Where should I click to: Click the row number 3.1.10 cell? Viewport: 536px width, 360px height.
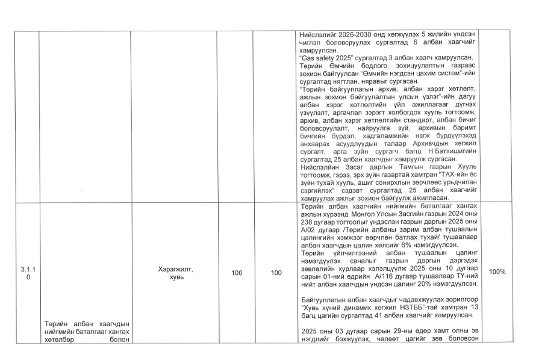tap(21, 272)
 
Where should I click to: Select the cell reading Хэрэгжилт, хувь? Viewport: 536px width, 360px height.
tap(173, 272)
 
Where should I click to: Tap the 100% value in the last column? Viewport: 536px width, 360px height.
tap(497, 272)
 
